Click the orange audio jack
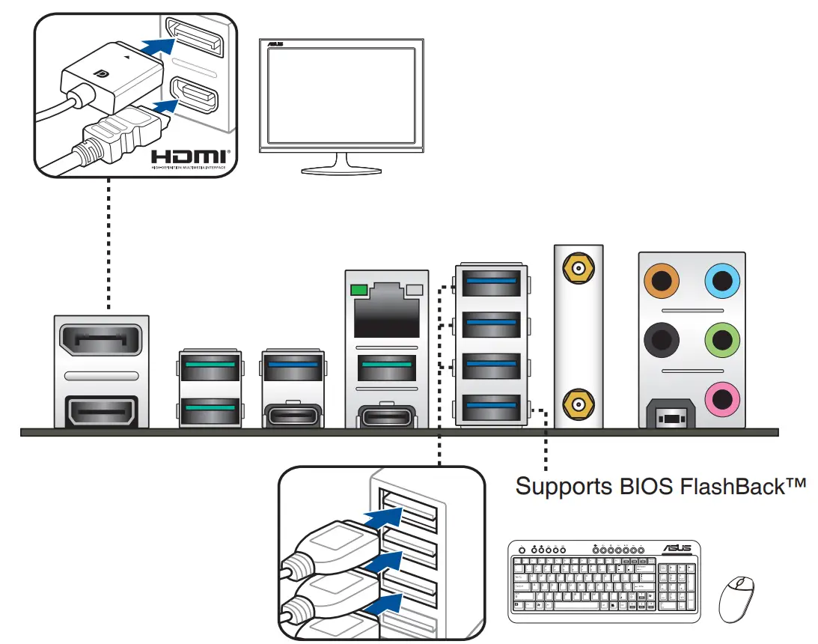(x=661, y=282)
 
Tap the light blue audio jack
(x=722, y=282)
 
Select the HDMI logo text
(x=189, y=157)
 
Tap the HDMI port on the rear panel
(x=102, y=412)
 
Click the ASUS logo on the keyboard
(x=677, y=549)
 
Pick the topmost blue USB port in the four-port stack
(x=491, y=282)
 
